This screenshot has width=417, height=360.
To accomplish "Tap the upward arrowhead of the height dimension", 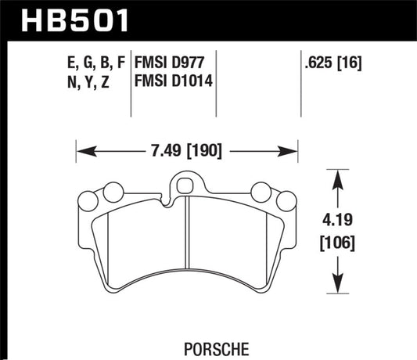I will (337, 178).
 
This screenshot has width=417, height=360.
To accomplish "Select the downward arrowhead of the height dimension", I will (337, 290).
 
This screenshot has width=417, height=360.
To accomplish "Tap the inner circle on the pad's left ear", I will (113, 191).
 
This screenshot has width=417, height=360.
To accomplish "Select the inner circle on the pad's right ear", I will (262, 191).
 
